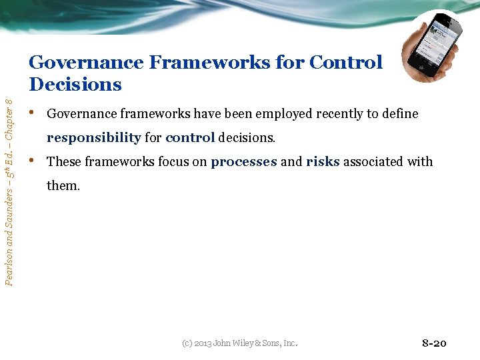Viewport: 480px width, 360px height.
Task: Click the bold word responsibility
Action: [93, 138]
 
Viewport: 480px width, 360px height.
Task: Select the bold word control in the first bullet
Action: [190, 138]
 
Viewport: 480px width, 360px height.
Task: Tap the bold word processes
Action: [243, 162]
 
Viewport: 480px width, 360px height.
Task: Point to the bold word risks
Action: [323, 162]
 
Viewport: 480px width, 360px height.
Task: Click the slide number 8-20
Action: [434, 343]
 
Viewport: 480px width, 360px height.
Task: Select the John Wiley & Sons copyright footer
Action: [239, 343]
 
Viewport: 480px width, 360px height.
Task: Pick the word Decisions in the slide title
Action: [75, 85]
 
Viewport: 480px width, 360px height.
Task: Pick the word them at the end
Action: [63, 186]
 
